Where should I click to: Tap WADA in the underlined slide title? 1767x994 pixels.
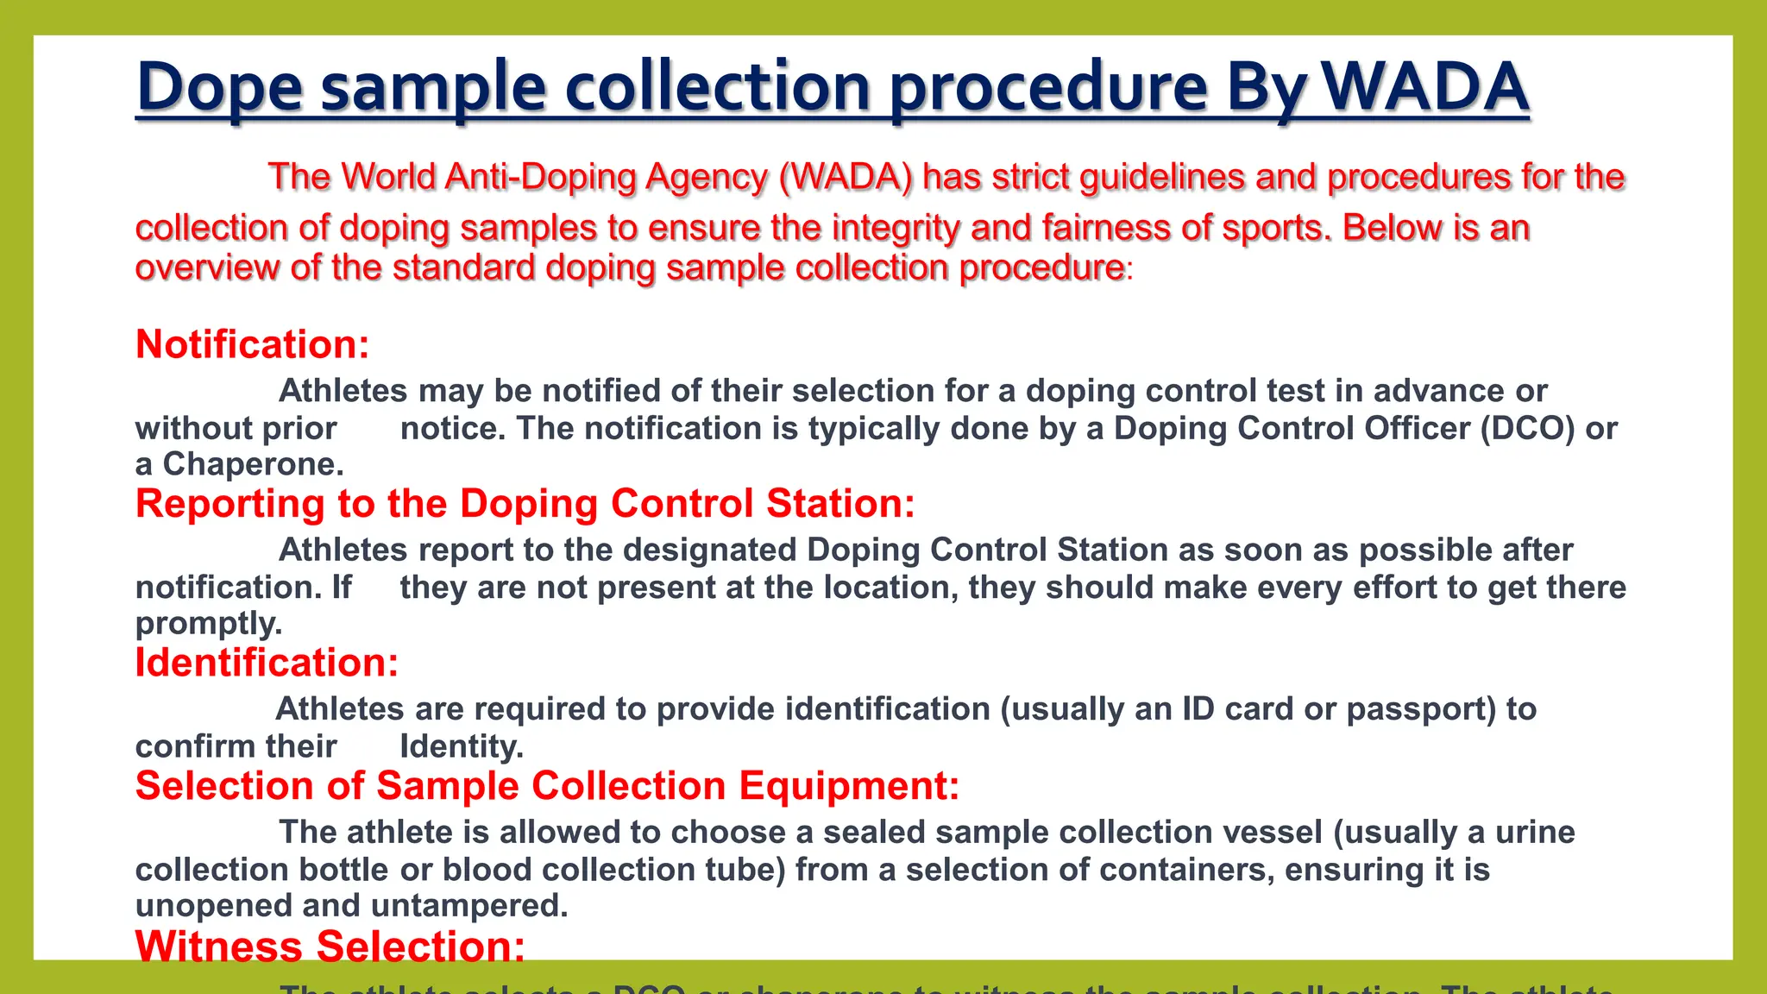point(1424,88)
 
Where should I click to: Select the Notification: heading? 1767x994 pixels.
point(253,344)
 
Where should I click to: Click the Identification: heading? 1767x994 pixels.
point(267,663)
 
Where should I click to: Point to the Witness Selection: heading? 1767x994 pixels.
point(330,946)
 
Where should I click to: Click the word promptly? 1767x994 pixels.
point(209,623)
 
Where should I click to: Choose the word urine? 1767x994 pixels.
point(1535,833)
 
